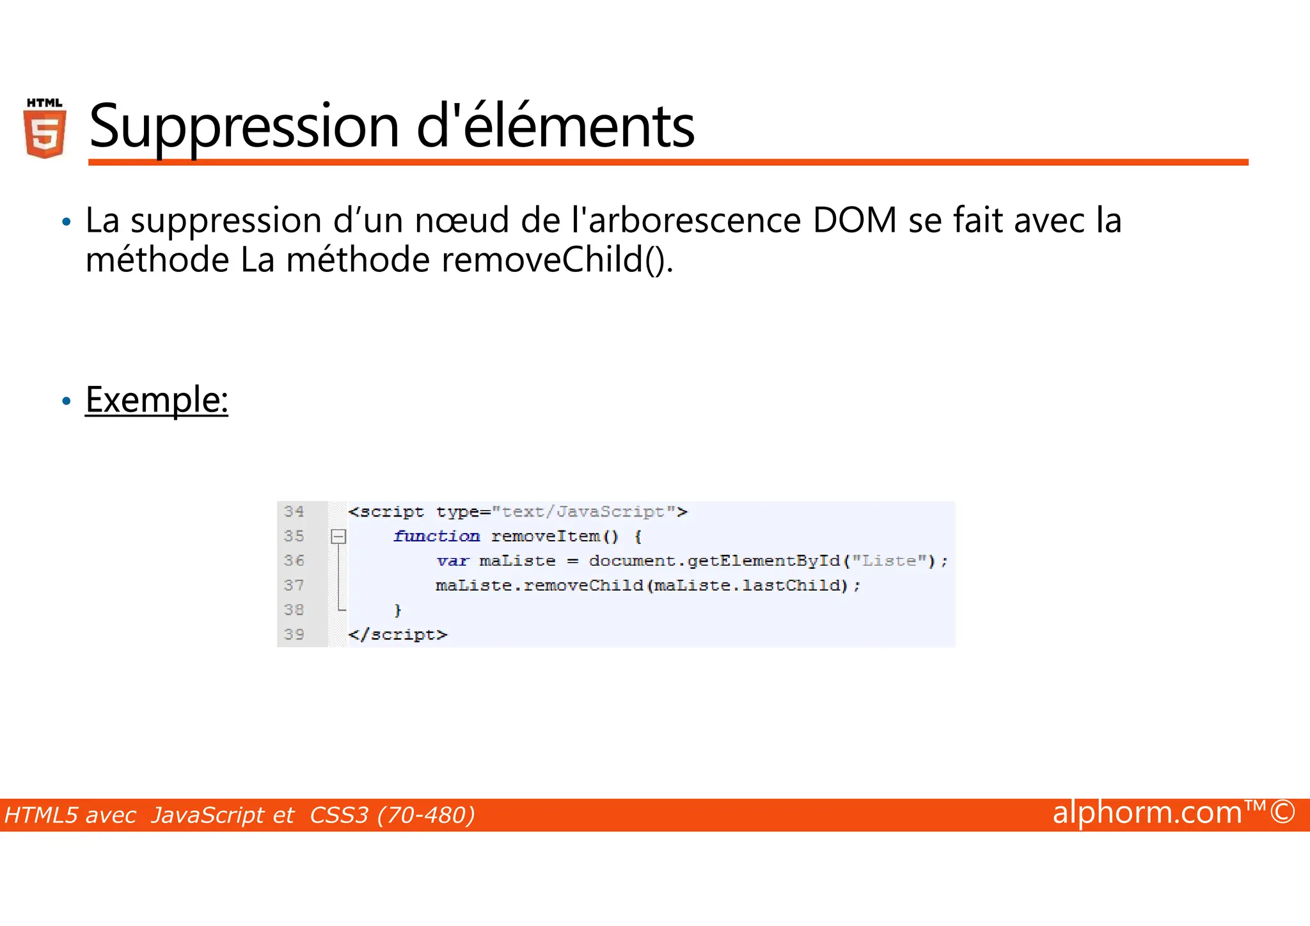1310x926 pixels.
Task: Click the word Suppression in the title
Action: [x=244, y=126]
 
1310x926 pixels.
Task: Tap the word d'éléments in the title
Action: [x=555, y=126]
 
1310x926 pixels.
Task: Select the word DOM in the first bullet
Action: [x=855, y=221]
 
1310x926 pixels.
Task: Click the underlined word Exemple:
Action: [x=157, y=400]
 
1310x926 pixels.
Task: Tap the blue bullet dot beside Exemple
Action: [x=66, y=402]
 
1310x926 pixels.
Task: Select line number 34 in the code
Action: [x=294, y=511]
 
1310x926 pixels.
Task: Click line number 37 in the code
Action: [x=294, y=585]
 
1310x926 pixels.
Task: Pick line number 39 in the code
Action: [x=294, y=634]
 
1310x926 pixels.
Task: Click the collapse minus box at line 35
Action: [x=338, y=536]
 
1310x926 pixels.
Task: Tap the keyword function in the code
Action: [x=436, y=536]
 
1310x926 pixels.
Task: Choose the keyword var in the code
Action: [x=453, y=561]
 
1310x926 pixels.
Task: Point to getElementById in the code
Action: [x=764, y=561]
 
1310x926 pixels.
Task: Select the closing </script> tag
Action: [x=397, y=634]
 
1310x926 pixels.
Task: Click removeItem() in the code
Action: [x=555, y=536]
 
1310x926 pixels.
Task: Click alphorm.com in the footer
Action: [x=1148, y=813]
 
